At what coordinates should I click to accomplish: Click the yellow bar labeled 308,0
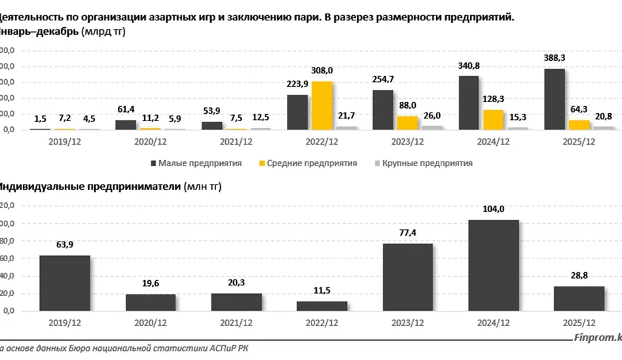(x=322, y=105)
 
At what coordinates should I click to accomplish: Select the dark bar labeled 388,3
(x=554, y=99)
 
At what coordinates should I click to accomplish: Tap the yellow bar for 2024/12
(x=494, y=119)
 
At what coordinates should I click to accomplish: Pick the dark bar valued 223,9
(x=297, y=112)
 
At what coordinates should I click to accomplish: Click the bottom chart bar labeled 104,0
(x=494, y=265)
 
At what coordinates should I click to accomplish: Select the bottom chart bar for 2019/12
(x=65, y=283)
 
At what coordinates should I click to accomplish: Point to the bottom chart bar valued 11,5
(x=322, y=306)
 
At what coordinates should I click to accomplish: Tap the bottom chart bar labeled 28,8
(x=579, y=298)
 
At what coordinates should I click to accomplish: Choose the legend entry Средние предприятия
(x=310, y=163)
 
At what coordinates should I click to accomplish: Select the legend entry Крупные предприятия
(x=426, y=163)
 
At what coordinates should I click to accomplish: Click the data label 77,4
(x=408, y=232)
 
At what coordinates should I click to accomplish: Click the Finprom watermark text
(x=595, y=338)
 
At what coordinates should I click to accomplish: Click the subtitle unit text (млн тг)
(x=203, y=187)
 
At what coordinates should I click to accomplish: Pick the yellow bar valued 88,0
(x=408, y=122)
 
